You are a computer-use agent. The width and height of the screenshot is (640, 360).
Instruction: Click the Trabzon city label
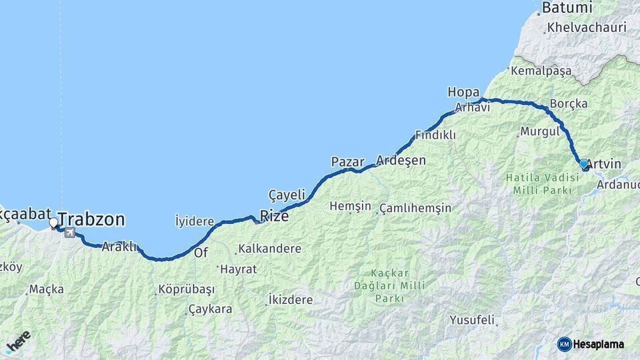91,219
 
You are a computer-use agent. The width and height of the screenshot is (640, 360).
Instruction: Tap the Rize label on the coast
274,215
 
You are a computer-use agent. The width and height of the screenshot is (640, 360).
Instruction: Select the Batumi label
567,9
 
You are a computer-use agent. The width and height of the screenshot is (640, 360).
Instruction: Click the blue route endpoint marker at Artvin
583,163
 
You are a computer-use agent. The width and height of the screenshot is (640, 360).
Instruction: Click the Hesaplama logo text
599,344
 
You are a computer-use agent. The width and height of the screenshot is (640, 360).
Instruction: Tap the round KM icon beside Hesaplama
565,344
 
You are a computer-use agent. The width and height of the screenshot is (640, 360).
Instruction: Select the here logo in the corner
17,342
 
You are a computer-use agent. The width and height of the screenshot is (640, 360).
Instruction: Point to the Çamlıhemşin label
415,209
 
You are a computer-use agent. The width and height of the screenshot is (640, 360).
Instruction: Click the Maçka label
46,289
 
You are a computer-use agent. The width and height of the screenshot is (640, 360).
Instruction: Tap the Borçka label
569,104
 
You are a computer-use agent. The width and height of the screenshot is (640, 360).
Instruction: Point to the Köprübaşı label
186,290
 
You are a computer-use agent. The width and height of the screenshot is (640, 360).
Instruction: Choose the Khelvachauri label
586,28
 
